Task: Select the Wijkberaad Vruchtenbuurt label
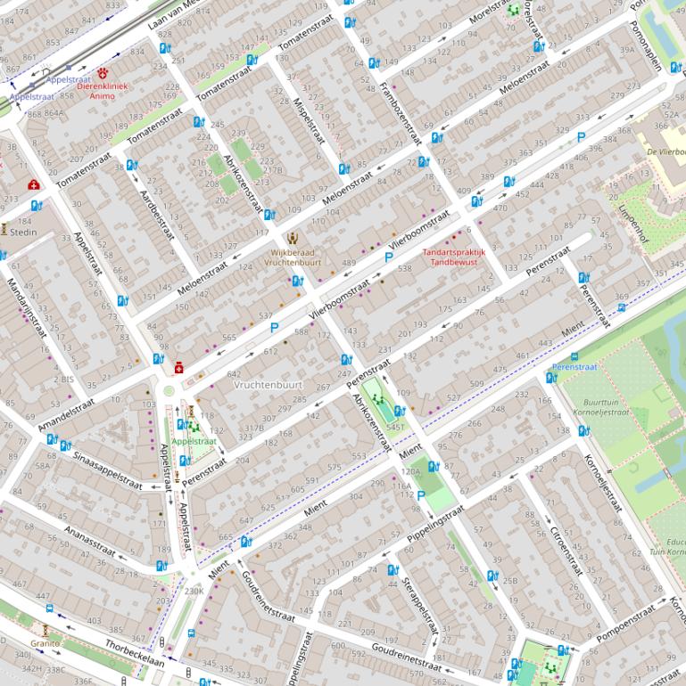(x=293, y=257)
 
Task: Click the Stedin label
(x=23, y=233)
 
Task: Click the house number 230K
(x=194, y=591)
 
